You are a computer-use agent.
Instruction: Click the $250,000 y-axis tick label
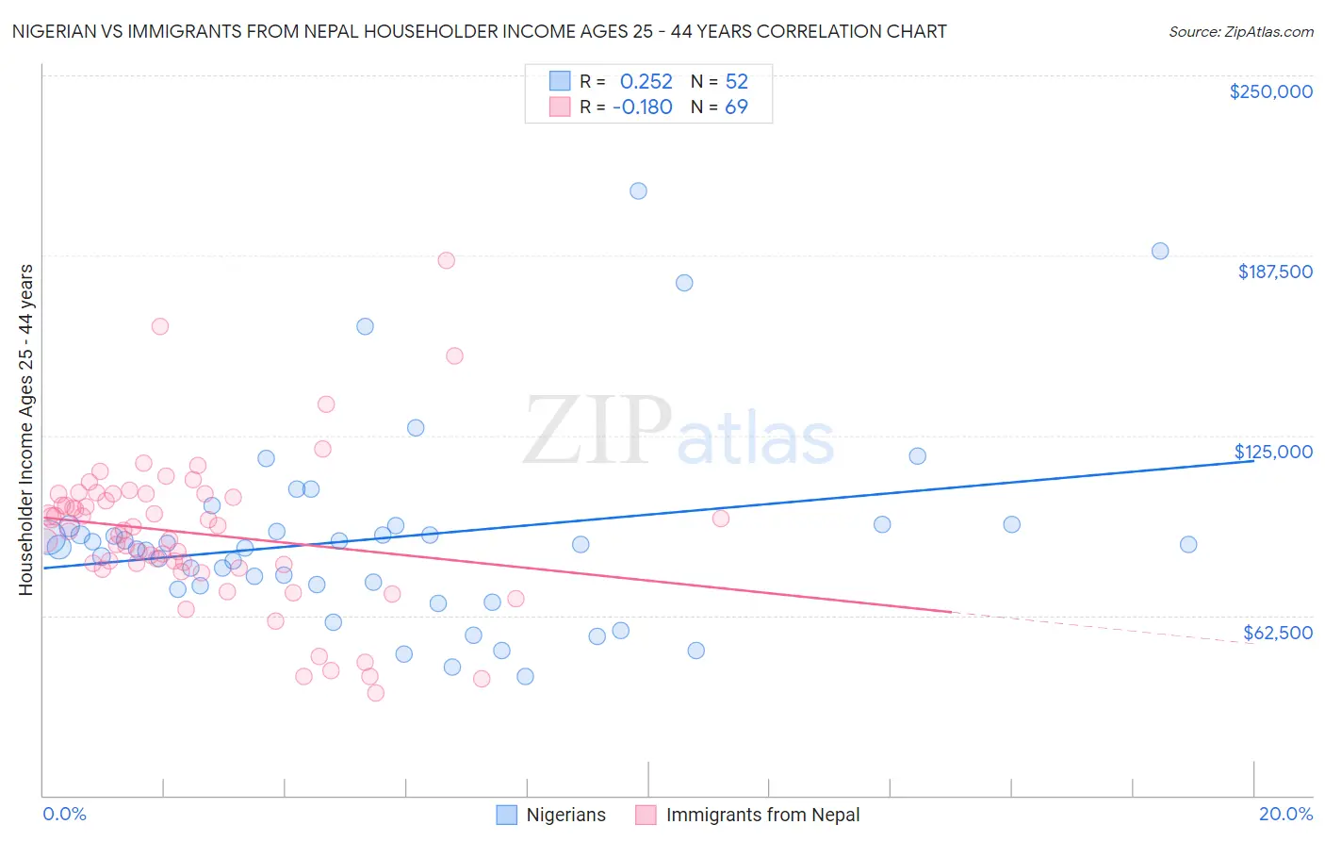pos(1270,91)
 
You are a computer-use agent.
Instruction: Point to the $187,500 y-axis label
pos(1274,272)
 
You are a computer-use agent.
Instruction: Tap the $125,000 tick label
pos(1273,452)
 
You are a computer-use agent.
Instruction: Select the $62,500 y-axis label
pos(1277,633)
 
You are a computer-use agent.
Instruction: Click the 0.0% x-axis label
pos(64,814)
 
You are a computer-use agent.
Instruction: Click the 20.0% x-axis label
pos(1285,814)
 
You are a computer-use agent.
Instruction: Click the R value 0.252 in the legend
pos(646,81)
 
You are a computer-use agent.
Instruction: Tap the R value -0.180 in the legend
pos(642,107)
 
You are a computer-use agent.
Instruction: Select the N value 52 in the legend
pos(736,81)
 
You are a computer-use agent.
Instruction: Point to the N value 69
pos(736,107)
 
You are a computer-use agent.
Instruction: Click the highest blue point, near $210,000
pos(638,190)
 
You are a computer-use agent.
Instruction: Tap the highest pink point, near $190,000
pos(447,260)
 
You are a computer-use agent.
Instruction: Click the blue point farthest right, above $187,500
pos(1160,251)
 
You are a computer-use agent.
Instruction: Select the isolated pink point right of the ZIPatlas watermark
pos(721,519)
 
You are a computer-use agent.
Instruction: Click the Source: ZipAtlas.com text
pos(1240,31)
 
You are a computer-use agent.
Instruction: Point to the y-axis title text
pos(25,429)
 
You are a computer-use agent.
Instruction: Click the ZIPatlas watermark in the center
pos(679,432)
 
